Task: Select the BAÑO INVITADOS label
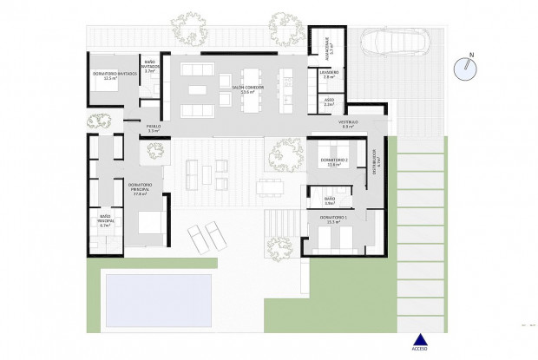(x=150, y=65)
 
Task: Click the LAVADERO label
(x=329, y=75)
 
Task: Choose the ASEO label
(x=329, y=102)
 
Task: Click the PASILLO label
(x=153, y=128)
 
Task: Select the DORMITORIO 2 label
(x=333, y=161)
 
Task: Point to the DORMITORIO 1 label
(x=333, y=219)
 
